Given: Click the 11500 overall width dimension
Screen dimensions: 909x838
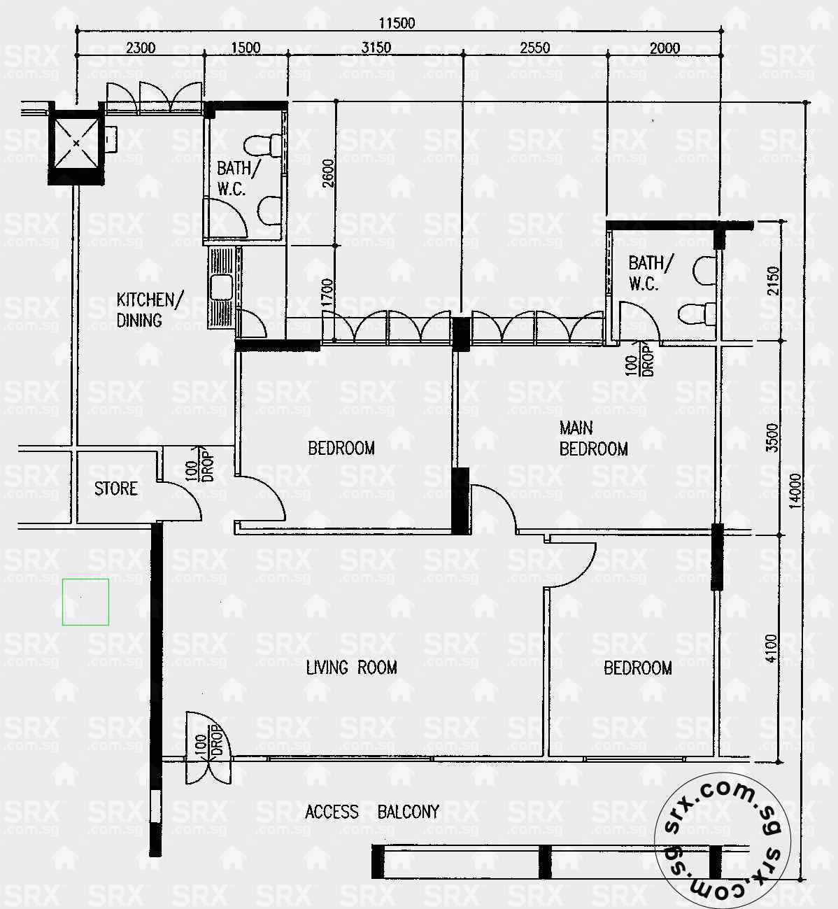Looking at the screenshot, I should [x=397, y=23].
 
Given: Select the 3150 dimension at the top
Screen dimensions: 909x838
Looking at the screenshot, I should [x=376, y=48].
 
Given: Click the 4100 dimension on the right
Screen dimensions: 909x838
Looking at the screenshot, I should [x=771, y=648].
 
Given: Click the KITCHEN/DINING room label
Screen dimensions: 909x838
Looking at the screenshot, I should [x=149, y=310].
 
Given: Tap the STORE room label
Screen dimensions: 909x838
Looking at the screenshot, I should [x=116, y=488].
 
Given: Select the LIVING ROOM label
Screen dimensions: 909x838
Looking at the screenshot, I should [x=351, y=668].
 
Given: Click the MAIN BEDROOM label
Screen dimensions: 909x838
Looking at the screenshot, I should [x=593, y=439].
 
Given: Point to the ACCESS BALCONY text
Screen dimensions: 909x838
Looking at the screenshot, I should [x=372, y=812].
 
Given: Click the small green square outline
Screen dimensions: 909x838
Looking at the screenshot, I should [x=85, y=602].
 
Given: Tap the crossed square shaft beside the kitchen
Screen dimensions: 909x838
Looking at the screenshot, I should [x=75, y=144].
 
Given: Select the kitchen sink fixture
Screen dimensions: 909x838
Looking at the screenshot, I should [x=222, y=287].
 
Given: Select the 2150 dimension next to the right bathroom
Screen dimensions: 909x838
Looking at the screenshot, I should [x=772, y=281].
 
